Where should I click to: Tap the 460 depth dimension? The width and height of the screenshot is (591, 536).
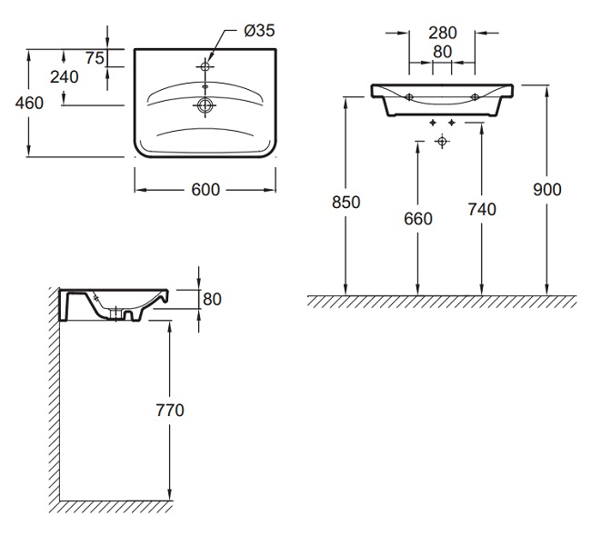point(29,103)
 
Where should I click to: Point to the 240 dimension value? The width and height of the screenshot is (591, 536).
point(64,77)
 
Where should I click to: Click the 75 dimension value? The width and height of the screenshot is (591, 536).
point(94,58)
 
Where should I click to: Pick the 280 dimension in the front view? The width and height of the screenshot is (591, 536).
point(442,33)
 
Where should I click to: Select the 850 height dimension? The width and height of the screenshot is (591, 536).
point(346,202)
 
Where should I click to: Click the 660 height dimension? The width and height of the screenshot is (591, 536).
point(417,218)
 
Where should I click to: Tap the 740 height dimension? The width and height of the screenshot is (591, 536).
point(482,210)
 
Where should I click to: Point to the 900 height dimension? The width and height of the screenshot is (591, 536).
point(548,189)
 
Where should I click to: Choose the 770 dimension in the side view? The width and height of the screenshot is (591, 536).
point(170,410)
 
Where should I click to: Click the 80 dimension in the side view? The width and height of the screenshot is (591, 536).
point(213,299)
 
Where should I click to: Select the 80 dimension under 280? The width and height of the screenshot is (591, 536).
point(442,52)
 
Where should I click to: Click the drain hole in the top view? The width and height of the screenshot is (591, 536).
point(205,105)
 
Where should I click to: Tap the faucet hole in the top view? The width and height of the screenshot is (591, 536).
point(205,68)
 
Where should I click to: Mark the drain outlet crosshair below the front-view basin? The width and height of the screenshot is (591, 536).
point(442,142)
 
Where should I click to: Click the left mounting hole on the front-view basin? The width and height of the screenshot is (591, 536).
point(409,96)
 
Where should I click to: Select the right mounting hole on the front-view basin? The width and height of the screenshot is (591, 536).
point(475,96)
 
